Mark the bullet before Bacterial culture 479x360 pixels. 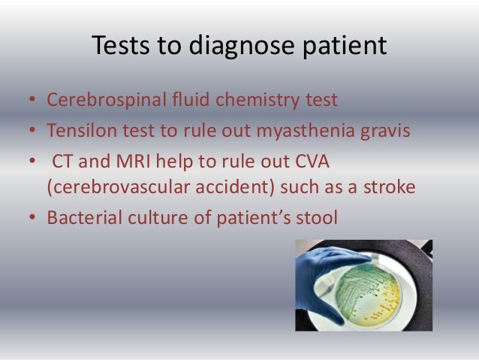point(32,218)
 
